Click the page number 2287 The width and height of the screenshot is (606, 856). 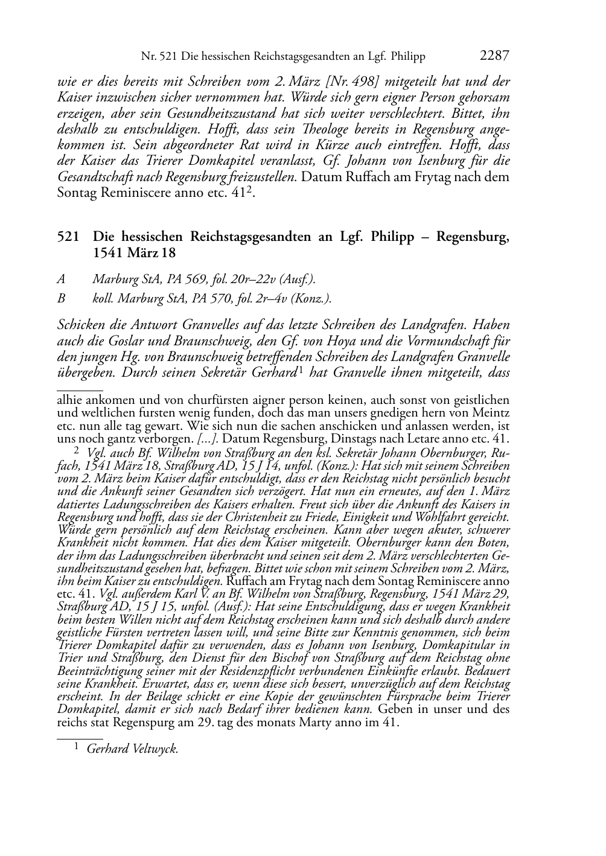pyautogui.click(x=495, y=56)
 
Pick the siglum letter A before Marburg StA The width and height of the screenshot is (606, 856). pyautogui.click(x=61, y=279)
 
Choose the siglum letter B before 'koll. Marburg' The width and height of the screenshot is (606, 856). pyautogui.click(x=61, y=299)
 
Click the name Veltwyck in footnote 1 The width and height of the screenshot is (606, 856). pyautogui.click(x=156, y=749)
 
